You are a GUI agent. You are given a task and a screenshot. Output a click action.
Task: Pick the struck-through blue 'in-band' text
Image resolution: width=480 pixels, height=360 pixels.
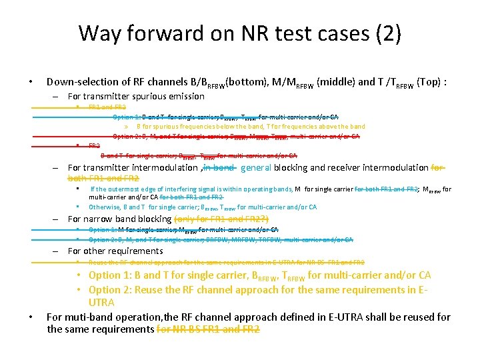pos(219,168)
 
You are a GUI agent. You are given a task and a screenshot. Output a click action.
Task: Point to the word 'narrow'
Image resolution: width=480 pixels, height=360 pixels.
pos(100,219)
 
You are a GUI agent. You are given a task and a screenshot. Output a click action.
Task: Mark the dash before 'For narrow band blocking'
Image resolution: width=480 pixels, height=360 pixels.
pos(58,219)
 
